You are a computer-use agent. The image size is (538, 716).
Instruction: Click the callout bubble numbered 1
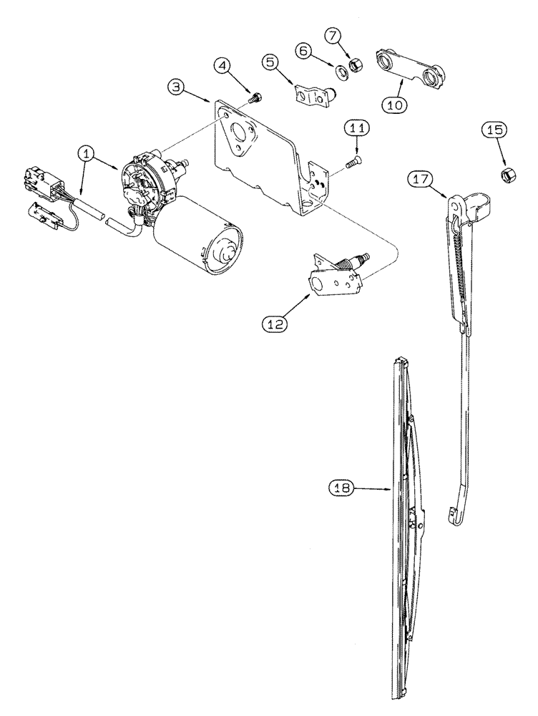tap(86, 153)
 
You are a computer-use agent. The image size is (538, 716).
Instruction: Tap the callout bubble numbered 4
tap(224, 67)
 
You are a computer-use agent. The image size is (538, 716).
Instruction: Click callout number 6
tap(303, 51)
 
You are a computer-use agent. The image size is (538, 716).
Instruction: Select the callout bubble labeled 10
tap(394, 103)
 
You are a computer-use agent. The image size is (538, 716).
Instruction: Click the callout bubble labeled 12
tap(276, 324)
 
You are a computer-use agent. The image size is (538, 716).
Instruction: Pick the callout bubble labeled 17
tap(420, 179)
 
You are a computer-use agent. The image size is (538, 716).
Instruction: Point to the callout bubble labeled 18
tap(342, 489)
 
